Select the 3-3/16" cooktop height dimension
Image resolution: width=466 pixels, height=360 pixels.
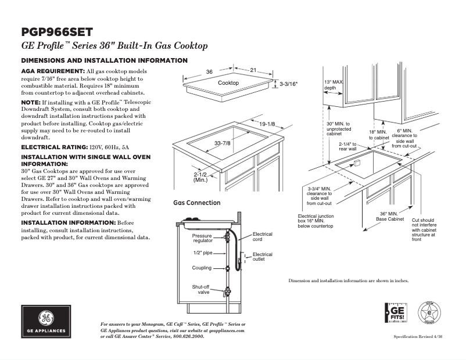(x=289, y=84)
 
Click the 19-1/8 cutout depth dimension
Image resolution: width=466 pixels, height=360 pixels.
(x=267, y=124)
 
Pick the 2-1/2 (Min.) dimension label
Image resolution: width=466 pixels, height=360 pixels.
(x=200, y=177)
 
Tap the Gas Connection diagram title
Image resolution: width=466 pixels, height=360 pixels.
(x=197, y=203)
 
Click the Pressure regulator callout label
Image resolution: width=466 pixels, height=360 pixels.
(x=202, y=238)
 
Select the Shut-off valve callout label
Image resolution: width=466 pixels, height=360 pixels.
(x=201, y=289)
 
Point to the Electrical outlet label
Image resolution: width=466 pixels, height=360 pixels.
(x=262, y=257)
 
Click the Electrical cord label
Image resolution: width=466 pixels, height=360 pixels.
(x=262, y=236)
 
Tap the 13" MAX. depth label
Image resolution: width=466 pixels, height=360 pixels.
(x=333, y=85)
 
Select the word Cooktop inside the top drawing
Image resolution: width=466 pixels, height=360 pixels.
(x=228, y=83)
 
